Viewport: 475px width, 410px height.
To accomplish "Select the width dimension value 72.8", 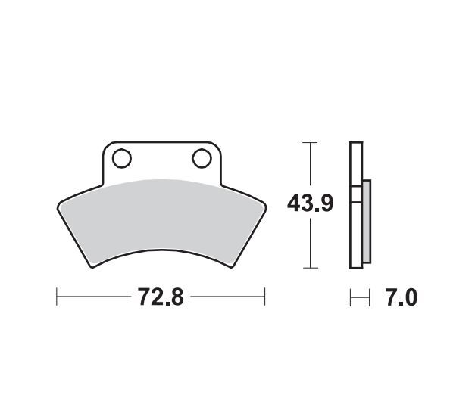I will click(x=160, y=297).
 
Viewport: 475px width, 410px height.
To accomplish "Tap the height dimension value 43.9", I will click(x=310, y=204).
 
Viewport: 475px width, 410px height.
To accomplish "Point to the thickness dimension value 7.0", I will click(x=401, y=297).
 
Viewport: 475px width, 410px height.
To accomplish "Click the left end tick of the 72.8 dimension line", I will click(x=57, y=297).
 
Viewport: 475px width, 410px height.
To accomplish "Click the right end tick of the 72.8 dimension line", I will click(x=264, y=297).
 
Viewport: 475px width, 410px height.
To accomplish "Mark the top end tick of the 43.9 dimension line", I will click(x=308, y=141).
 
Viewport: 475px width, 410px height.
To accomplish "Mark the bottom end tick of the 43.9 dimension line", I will click(x=308, y=268).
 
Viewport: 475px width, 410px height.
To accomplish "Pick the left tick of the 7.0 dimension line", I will click(x=350, y=297).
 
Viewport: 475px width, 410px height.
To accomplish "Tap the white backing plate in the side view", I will click(x=354, y=204).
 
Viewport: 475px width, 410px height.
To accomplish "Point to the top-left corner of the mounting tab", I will click(x=105, y=144).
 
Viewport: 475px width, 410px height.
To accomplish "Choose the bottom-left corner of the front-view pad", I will click(x=92, y=266).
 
